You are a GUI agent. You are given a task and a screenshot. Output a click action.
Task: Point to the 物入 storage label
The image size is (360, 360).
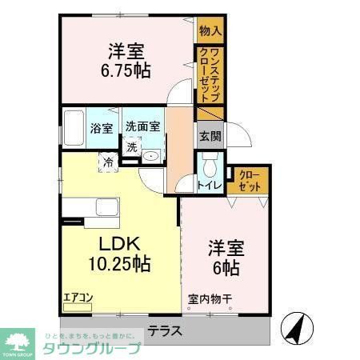point(210,30)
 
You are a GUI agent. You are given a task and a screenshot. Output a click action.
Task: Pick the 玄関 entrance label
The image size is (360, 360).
point(210,135)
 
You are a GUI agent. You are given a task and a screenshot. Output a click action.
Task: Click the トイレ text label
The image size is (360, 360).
point(210,186)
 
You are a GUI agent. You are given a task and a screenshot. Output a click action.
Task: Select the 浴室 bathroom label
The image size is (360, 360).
point(101,127)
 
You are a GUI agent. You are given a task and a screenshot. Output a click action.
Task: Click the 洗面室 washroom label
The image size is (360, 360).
point(143,126)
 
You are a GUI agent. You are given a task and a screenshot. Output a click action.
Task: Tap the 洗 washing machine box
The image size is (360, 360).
point(131,146)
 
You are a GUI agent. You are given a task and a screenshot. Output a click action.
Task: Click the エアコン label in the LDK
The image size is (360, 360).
point(78,299)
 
